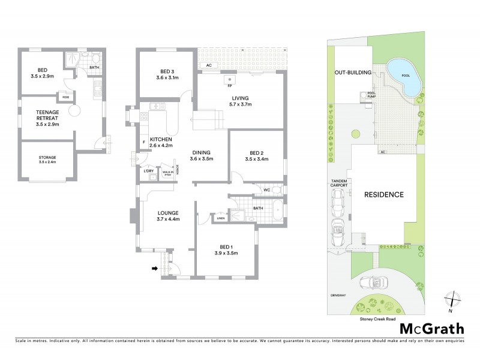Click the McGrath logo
[431, 328]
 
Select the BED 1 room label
[226, 250]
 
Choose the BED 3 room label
[168, 74]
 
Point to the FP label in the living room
[229, 86]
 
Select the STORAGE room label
[46, 159]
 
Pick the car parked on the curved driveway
[368, 284]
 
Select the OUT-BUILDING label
[353, 73]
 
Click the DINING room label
[201, 155]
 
